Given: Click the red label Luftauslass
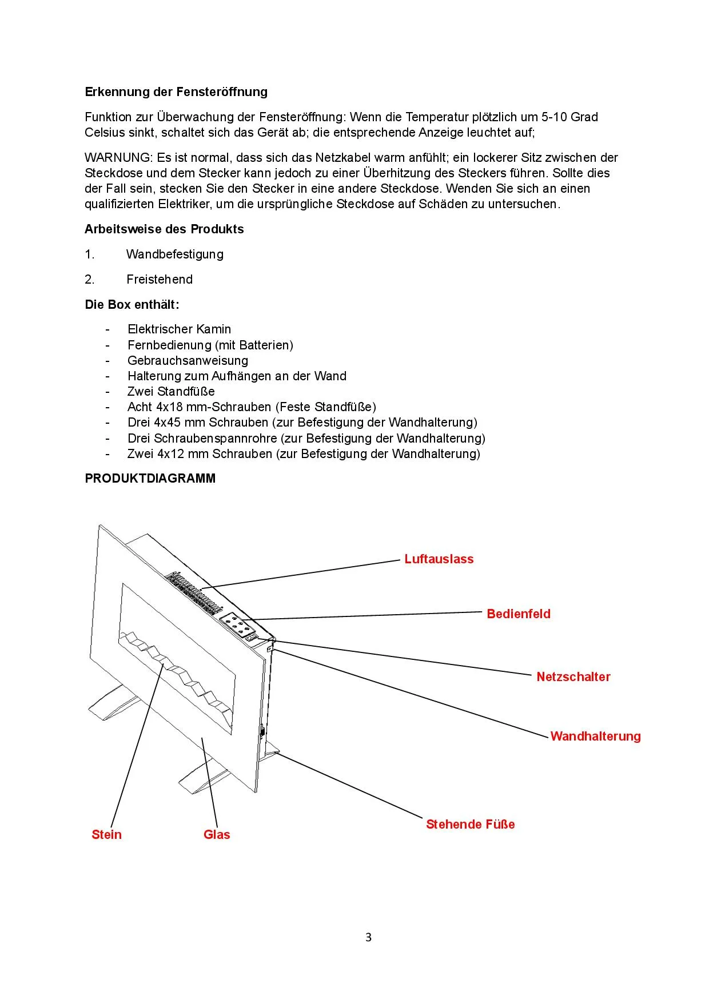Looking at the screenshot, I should click(439, 559).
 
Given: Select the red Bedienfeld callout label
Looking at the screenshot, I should click(519, 614).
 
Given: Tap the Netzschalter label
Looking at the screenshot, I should click(573, 677).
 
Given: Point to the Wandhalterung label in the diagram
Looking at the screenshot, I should click(595, 737).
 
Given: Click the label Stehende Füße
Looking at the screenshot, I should click(470, 825).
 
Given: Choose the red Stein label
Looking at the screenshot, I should click(106, 835).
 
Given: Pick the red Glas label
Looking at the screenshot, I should click(217, 835).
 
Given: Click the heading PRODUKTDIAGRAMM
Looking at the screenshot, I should click(150, 479).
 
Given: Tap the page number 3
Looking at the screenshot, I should click(368, 937).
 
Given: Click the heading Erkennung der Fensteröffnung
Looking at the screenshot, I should click(176, 92).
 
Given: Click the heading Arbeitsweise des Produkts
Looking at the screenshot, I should click(164, 229).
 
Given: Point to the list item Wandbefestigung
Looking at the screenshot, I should click(175, 254).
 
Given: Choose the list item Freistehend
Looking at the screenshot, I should click(160, 280).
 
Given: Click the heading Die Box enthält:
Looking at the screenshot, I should click(132, 305).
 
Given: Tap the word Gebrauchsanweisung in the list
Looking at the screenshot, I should click(188, 361).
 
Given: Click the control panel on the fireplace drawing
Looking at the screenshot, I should click(237, 625).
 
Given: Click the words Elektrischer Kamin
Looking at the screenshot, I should click(179, 329).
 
